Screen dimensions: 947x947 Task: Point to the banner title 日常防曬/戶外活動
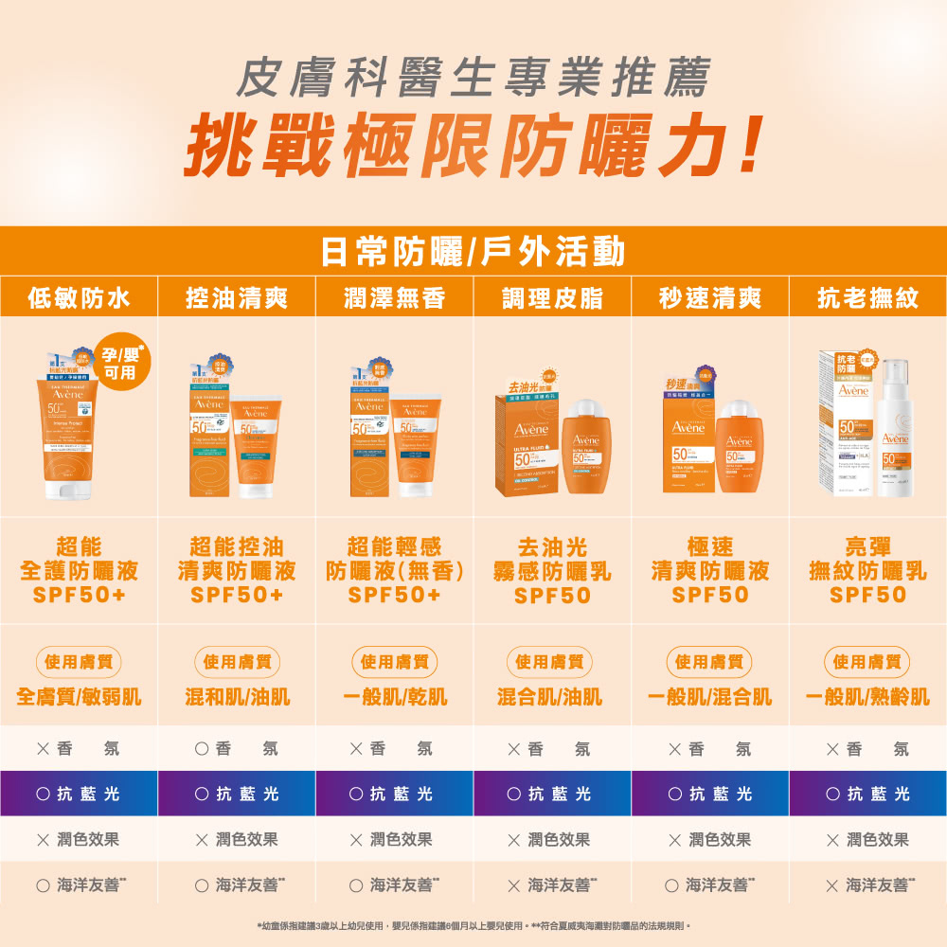(473, 252)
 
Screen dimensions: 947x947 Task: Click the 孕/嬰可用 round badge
(120, 362)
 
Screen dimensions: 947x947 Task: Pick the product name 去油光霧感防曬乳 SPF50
(552, 571)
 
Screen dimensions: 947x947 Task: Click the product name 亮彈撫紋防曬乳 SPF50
(867, 571)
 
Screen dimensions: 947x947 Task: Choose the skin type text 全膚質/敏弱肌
(79, 698)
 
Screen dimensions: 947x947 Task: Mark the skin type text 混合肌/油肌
(552, 698)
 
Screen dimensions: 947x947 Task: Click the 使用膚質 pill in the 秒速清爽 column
(710, 661)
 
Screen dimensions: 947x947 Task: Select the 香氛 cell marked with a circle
(237, 749)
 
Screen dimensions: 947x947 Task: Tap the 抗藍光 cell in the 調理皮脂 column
(552, 795)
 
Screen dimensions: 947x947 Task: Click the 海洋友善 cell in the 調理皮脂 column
(552, 884)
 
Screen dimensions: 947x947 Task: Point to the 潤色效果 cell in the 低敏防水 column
(79, 840)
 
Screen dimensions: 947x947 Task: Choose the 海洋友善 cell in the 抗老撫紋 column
(867, 884)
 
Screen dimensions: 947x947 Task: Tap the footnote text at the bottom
(473, 924)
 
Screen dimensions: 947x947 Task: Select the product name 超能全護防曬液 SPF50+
(79, 571)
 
